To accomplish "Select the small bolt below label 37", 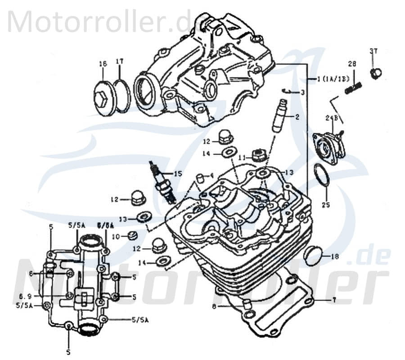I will pyautogui.click(x=376, y=73).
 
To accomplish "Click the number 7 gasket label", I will pyautogui.click(x=333, y=299).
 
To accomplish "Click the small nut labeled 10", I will pyautogui.click(x=131, y=235).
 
